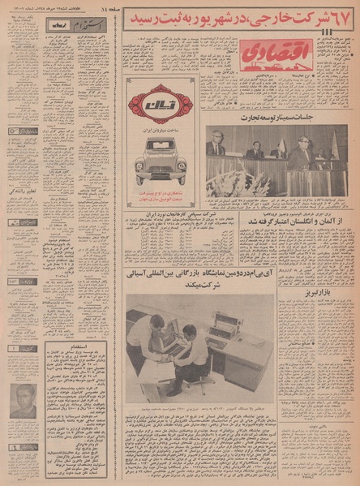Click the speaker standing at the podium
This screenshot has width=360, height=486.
tap(302, 154)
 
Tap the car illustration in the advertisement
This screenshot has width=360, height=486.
tap(161, 159)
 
